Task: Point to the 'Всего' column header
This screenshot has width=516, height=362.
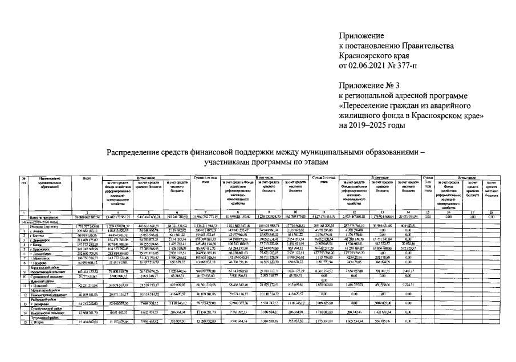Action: coord(87,178)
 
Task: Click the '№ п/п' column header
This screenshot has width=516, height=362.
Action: coord(8,181)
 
